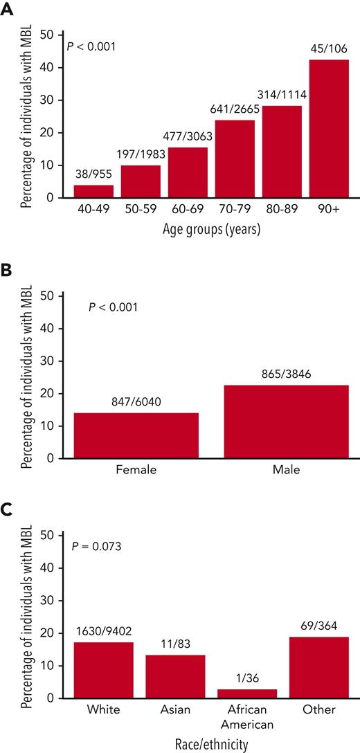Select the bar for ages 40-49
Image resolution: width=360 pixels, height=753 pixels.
coord(93,191)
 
